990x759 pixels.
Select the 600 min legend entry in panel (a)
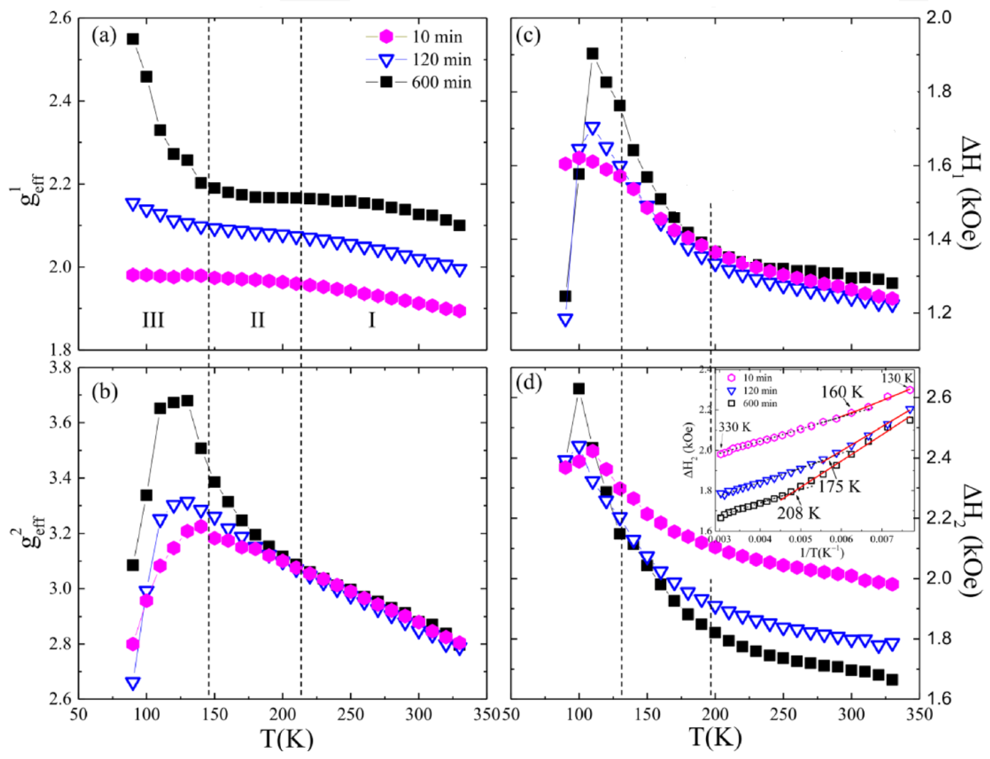[x=441, y=83]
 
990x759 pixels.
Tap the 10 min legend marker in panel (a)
[x=386, y=37]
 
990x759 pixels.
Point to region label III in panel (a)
[x=153, y=320]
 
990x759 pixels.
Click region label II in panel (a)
[x=257, y=320]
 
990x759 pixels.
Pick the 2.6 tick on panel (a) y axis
[x=59, y=19]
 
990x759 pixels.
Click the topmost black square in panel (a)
[x=133, y=39]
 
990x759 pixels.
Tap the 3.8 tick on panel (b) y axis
[x=59, y=368]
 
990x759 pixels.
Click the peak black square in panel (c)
[x=592, y=54]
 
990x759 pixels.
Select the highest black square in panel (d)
[x=579, y=389]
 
